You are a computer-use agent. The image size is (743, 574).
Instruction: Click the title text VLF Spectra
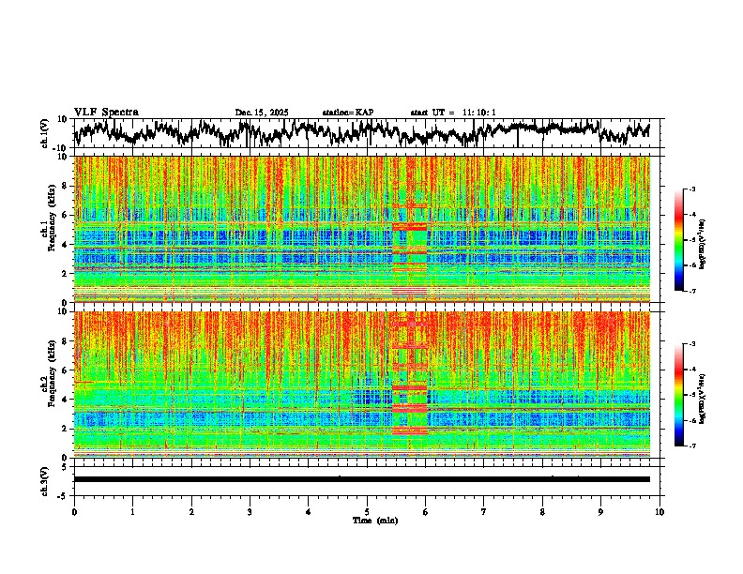point(106,112)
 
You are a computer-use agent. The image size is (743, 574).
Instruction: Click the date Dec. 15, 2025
point(262,113)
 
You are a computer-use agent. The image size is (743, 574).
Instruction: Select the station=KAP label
point(348,113)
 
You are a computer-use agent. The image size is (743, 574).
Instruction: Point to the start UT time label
point(453,113)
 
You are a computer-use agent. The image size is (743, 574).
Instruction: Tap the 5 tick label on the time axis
point(367,511)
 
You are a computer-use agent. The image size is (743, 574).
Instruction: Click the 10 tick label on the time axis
point(660,511)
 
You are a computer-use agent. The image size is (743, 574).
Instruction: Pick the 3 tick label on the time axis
point(250,511)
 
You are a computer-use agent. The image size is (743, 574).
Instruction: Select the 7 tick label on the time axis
point(484,511)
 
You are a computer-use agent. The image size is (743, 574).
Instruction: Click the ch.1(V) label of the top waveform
point(44,133)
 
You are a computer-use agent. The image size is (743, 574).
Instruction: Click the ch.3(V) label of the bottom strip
point(44,479)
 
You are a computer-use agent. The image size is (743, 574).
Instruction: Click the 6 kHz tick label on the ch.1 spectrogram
point(65,215)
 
